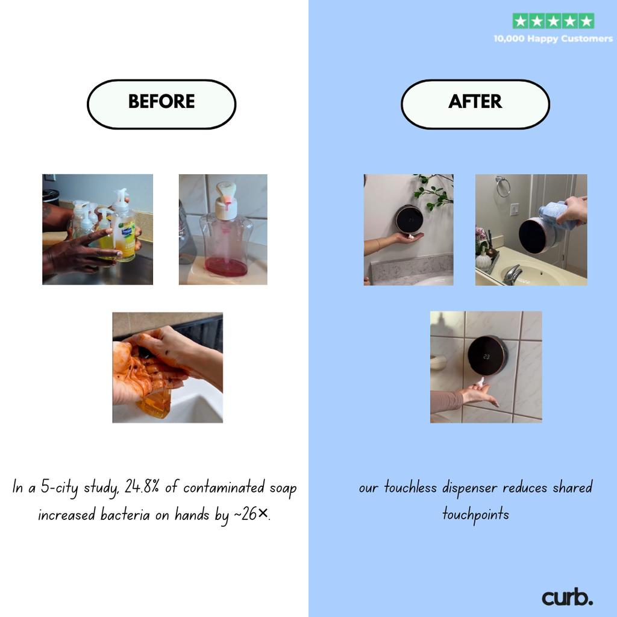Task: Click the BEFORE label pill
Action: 161,104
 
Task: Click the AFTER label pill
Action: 475,104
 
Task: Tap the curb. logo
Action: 567,598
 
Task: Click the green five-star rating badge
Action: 553,21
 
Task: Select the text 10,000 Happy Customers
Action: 553,39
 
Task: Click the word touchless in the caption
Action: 410,487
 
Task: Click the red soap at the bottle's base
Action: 226,267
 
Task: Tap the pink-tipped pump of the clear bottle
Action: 227,194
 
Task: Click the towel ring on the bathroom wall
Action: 503,186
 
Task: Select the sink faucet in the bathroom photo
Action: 512,274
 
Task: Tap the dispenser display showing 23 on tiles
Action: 486,355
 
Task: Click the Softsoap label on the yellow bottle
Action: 127,233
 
